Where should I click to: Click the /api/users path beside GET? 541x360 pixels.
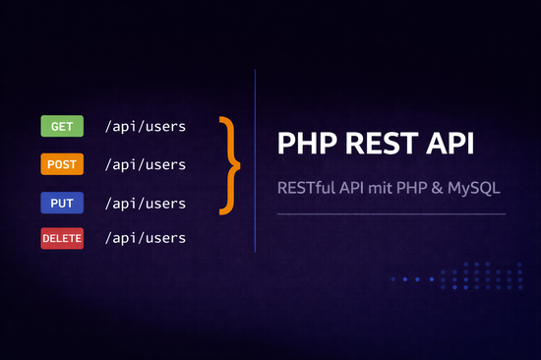click(150, 126)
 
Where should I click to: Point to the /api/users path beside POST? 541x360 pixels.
click(150, 164)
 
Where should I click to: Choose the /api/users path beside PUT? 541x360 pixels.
click(150, 203)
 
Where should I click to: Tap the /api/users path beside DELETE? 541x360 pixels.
click(150, 238)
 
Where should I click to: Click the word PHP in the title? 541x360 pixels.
click(306, 144)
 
